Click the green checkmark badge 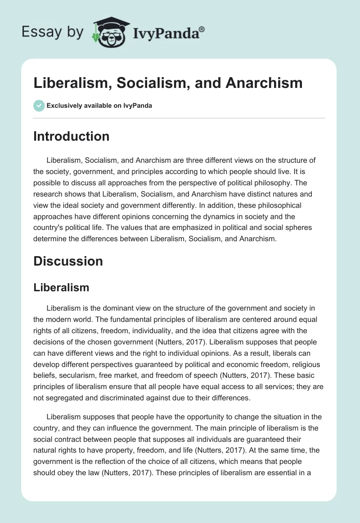[x=39, y=106]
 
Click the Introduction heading [x=71, y=136]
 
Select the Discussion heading [x=68, y=261]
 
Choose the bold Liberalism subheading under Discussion [x=61, y=287]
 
